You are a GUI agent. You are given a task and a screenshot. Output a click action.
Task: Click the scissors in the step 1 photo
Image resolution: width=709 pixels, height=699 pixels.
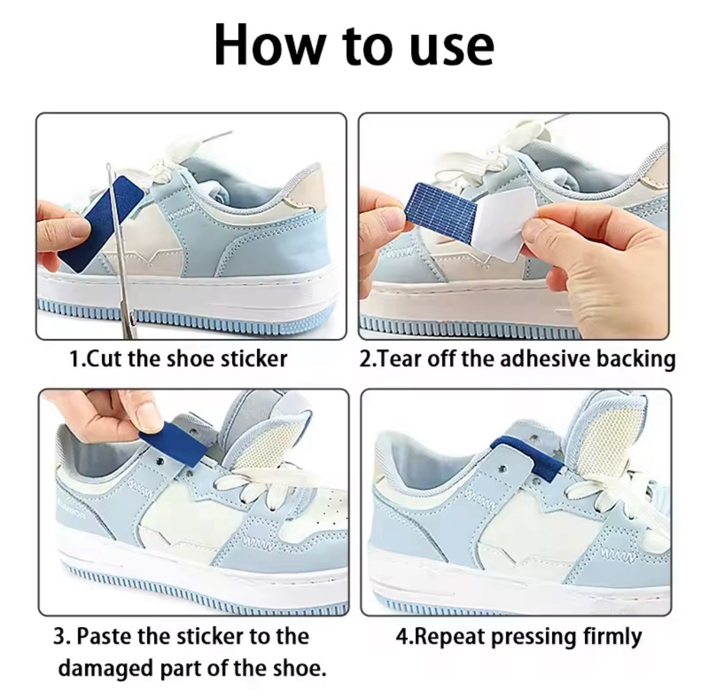click(x=121, y=250)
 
